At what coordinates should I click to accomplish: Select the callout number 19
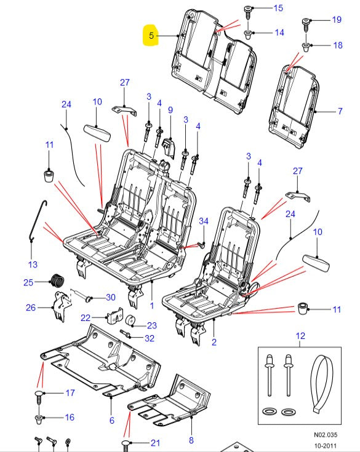coord(337,20)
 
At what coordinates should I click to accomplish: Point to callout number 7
coord(340,112)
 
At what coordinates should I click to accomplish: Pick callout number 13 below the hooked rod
coord(33,264)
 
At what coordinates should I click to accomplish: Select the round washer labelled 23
coord(130,321)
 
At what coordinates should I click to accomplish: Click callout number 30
coord(111,298)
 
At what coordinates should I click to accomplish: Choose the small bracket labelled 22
coord(114,317)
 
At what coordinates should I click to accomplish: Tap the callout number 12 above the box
coord(300,336)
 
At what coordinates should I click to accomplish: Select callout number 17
coord(70,393)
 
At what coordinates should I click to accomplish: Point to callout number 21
coord(156,443)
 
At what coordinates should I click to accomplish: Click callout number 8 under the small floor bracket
coord(191,440)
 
